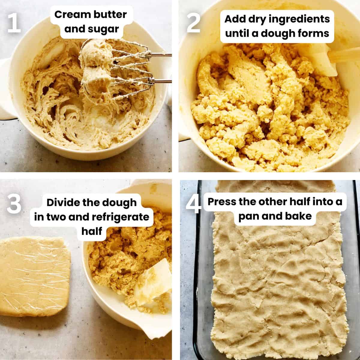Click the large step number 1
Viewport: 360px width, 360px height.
click(14, 23)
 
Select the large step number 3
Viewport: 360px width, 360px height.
click(14, 204)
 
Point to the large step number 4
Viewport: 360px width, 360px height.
click(193, 204)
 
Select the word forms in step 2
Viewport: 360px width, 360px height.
click(314, 33)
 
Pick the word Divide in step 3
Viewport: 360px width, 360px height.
click(59, 202)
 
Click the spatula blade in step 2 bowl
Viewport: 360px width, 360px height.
click(324, 59)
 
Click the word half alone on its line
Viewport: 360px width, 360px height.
click(92, 231)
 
